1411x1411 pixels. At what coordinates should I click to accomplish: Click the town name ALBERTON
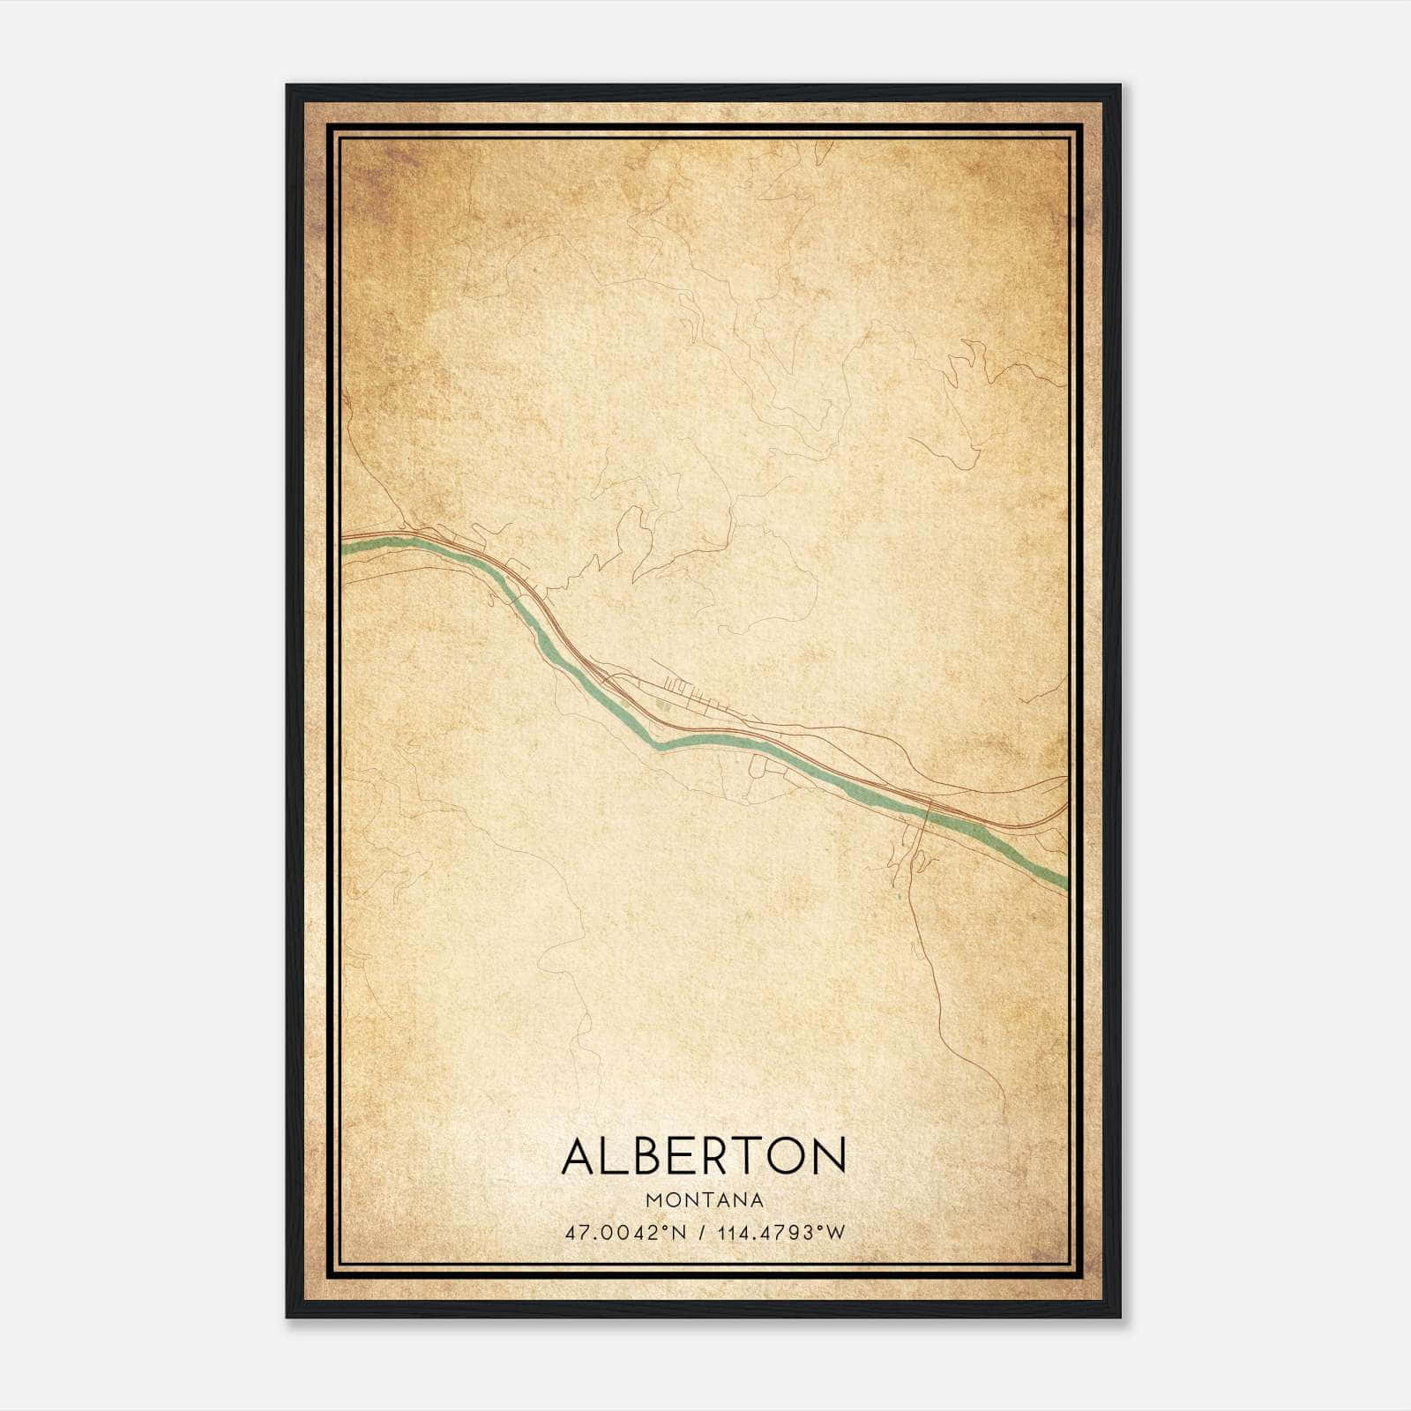click(x=704, y=1156)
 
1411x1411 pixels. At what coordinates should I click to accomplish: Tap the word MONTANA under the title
click(x=704, y=1200)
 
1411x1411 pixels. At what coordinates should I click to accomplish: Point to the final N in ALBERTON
click(x=831, y=1156)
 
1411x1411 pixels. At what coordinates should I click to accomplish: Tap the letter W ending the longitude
click(x=837, y=1233)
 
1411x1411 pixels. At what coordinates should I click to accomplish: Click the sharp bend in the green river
click(x=657, y=744)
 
